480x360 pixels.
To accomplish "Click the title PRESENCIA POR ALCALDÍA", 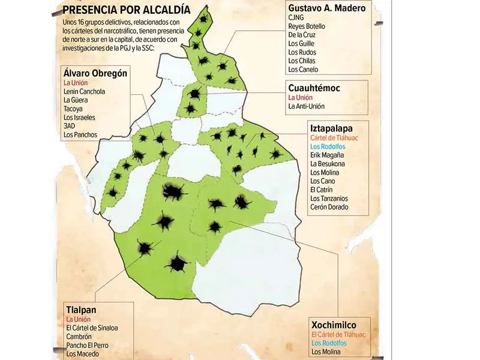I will coord(127,10).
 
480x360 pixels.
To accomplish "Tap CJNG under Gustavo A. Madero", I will coord(296,18).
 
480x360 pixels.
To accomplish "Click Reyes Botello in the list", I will coord(307,26).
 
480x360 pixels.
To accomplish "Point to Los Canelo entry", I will coord(303,69).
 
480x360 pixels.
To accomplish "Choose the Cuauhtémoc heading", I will coord(314,88).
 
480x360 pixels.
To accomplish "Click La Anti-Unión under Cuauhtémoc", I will coord(307,107).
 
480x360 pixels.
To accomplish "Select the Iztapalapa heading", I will coord(331,128).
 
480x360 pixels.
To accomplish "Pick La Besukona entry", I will coord(328,164).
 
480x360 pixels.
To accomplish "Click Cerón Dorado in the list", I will coord(329,207).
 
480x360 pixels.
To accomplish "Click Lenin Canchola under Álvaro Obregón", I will coord(85,92).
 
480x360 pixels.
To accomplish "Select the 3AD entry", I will coord(70,126).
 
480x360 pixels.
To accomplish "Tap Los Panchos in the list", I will coord(80,135).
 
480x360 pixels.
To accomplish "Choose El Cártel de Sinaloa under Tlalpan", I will coord(92,328).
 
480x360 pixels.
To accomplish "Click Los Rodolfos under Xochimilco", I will coord(329,343).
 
